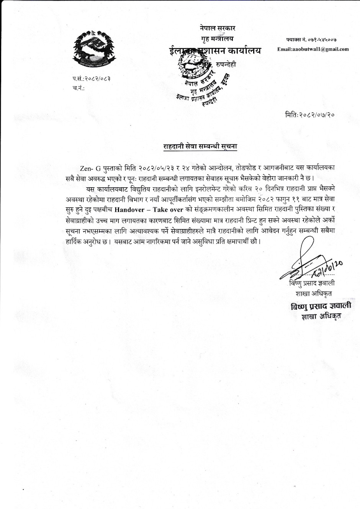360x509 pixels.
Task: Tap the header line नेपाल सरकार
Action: (x=218, y=28)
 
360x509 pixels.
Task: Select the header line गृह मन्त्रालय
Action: (x=217, y=38)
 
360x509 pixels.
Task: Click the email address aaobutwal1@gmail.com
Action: (x=313, y=49)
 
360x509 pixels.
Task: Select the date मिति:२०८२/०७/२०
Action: (x=310, y=115)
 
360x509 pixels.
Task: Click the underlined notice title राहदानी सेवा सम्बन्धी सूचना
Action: (x=201, y=146)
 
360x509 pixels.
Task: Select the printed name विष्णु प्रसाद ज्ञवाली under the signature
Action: (x=312, y=283)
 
